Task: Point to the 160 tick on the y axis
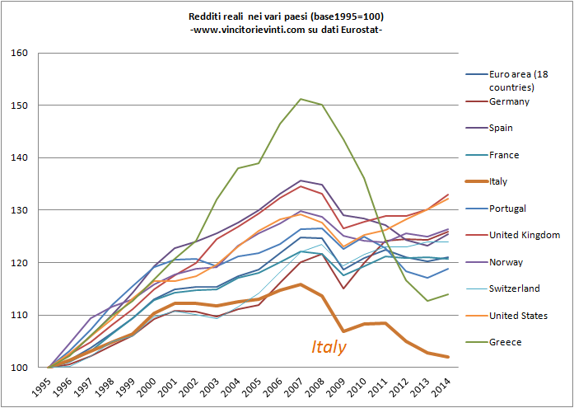(x=20, y=54)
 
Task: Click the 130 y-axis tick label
(x=20, y=210)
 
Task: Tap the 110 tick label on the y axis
(x=20, y=315)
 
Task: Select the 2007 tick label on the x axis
(x=300, y=386)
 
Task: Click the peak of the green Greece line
(x=299, y=99)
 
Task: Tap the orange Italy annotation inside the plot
(x=329, y=347)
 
